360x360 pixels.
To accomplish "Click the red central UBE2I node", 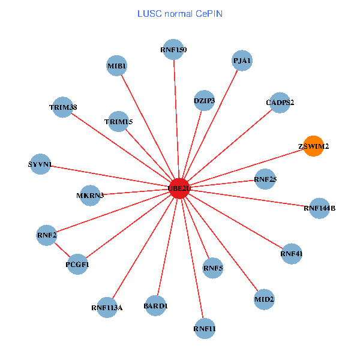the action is point(179,188).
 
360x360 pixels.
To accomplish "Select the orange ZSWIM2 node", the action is point(313,146).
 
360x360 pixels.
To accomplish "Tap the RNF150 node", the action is point(173,49).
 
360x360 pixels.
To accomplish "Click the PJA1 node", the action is point(242,61).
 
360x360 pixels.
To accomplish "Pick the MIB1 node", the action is point(116,65).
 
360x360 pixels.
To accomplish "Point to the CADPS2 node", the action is point(280,103).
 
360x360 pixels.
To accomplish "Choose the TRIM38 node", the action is point(63,107).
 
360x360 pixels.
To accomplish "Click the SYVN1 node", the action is point(40,164).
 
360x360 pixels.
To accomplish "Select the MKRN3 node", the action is point(90,196).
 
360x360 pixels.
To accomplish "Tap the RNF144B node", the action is point(319,208).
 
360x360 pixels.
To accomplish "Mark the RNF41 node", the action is point(291,254).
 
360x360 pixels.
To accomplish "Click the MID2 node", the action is point(264,299).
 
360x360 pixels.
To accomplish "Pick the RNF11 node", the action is point(205,328).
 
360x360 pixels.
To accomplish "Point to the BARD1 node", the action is point(155,306).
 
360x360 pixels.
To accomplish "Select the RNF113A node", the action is point(107,308).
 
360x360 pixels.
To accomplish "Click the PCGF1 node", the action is point(77,264).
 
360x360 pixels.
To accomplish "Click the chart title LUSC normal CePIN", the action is point(179,13).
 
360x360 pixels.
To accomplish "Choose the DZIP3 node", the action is point(205,100).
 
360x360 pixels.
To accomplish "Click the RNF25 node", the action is point(265,179).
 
